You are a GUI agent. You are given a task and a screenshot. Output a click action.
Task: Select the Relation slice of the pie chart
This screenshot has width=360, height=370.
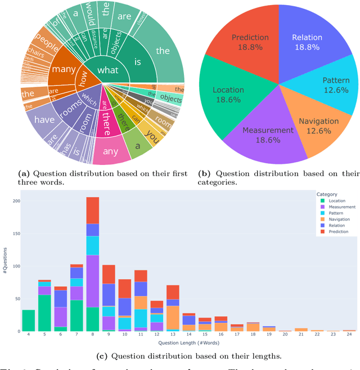point(307,45)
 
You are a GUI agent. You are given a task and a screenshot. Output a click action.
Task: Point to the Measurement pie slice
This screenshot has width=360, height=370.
point(268,135)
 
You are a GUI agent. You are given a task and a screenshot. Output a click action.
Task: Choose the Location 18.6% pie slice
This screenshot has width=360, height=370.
point(228,95)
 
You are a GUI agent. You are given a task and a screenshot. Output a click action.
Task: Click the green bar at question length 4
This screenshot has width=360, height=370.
point(28,321)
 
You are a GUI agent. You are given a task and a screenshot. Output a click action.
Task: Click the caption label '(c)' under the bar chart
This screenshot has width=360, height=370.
point(102,355)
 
